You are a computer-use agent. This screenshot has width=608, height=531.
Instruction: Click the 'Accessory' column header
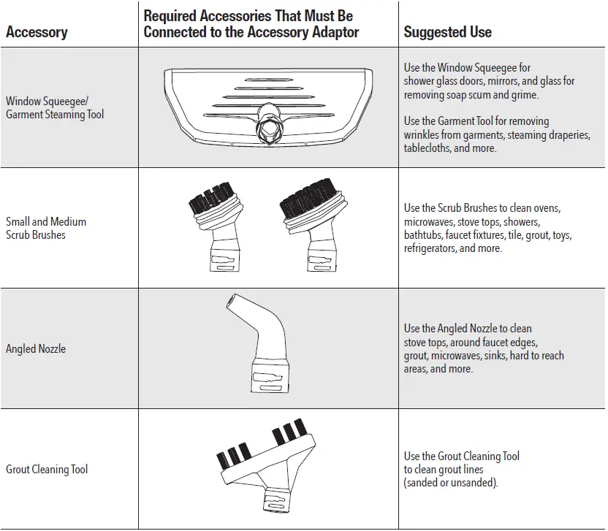point(37,32)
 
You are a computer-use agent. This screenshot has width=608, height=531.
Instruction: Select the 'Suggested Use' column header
point(447,32)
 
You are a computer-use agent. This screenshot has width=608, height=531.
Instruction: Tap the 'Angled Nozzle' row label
point(36,349)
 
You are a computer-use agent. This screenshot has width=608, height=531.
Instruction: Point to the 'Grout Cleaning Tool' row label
point(47,469)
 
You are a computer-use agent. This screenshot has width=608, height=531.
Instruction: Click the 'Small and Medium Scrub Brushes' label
point(45,228)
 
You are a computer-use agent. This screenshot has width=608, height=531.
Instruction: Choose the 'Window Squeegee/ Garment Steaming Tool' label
point(55,107)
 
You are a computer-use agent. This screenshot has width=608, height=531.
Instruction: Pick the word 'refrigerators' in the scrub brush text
point(430,248)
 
